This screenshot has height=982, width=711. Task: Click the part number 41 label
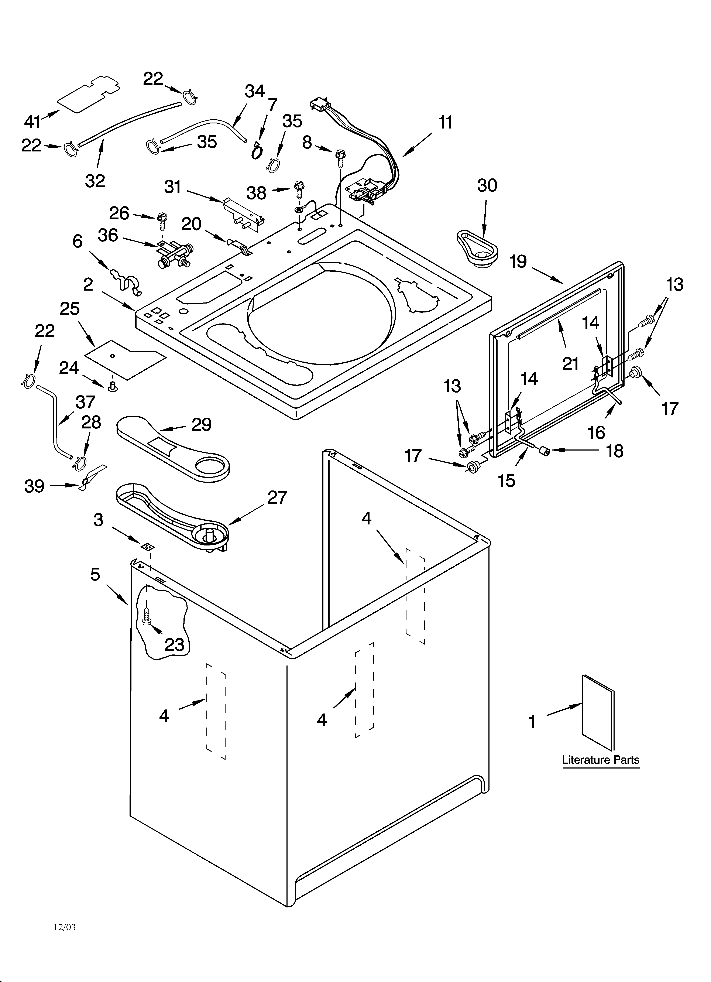[32, 122]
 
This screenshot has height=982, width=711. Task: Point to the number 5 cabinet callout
[95, 575]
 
